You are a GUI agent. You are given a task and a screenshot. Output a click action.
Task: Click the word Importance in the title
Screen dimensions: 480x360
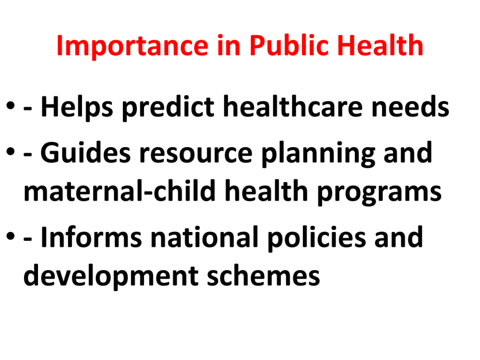(133, 46)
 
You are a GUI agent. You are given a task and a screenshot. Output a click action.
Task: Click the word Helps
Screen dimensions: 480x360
(77, 107)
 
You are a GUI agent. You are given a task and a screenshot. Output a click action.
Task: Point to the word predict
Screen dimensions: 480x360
(168, 107)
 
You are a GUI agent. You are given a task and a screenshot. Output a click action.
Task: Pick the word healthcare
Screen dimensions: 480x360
(293, 106)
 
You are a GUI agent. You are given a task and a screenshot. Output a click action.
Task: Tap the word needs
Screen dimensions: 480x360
(410, 106)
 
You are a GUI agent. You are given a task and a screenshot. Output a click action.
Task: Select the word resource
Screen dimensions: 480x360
(196, 155)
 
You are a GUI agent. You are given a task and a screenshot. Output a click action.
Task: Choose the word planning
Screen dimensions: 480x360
(318, 154)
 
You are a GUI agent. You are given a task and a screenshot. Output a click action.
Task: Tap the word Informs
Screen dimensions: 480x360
(91, 237)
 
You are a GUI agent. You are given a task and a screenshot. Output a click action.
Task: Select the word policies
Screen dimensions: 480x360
(316, 239)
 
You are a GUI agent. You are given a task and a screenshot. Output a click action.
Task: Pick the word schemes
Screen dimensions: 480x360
(263, 275)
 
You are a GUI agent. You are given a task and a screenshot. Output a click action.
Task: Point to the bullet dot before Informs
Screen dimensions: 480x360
(10, 236)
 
